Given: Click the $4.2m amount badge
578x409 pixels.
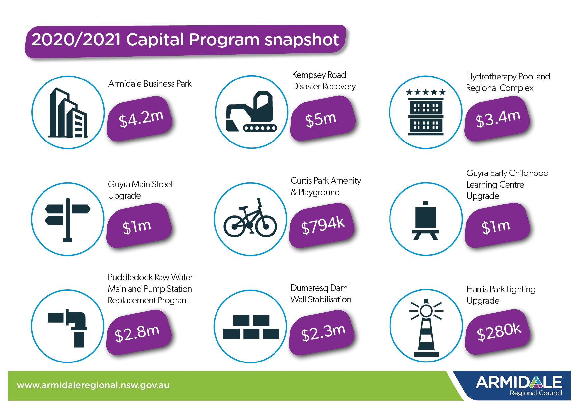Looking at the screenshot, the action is click(140, 118).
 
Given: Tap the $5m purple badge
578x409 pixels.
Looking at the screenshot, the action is click(323, 118).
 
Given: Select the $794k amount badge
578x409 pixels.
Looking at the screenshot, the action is click(322, 225).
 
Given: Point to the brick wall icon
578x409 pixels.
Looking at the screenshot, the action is click(251, 327).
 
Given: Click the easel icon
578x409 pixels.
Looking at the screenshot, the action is click(425, 220).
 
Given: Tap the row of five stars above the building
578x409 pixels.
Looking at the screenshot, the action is click(426, 92).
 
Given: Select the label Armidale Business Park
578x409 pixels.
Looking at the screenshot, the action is click(150, 84).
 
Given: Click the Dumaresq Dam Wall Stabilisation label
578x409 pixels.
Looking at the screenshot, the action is click(321, 294).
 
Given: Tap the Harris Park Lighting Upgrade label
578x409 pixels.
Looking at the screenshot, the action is click(501, 295).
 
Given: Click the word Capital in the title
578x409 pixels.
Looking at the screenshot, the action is click(155, 40).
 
